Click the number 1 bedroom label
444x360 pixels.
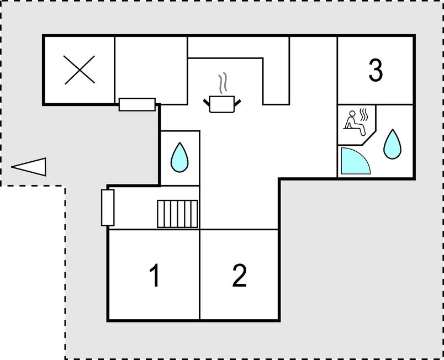155,275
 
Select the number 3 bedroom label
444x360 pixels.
376,71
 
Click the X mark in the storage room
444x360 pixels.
80,70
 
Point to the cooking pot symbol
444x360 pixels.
222,104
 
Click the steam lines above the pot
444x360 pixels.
223,83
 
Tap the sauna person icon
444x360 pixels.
355,123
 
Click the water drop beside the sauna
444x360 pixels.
392,144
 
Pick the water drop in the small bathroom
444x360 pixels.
179,157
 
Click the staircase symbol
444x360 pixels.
177,214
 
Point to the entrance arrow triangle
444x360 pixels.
29,167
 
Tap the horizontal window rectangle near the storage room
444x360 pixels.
137,104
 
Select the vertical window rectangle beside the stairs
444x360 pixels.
108,208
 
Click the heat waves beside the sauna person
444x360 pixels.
363,115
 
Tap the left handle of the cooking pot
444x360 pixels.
207,103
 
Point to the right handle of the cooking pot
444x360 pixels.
237,103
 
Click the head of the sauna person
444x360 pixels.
352,114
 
